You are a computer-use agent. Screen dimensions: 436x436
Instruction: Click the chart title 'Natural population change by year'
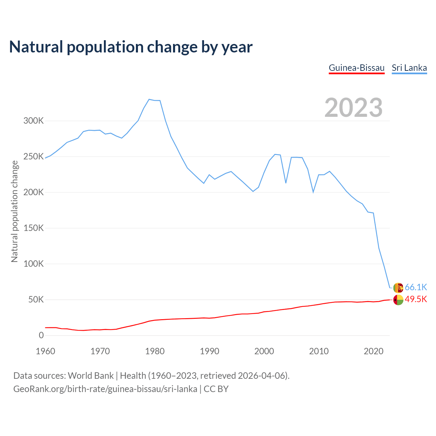pyautogui.click(x=131, y=47)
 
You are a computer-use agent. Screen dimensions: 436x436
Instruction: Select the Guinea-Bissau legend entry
pyautogui.click(x=356, y=68)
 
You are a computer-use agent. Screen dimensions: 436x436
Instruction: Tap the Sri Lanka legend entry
pyautogui.click(x=409, y=68)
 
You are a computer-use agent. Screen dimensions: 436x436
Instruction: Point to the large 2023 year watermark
pyautogui.click(x=353, y=108)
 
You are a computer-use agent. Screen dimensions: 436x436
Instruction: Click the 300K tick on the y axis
pyautogui.click(x=33, y=121)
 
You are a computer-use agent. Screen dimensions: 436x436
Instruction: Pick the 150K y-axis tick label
pyautogui.click(x=33, y=228)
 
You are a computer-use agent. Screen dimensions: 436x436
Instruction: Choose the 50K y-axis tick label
pyautogui.click(x=36, y=300)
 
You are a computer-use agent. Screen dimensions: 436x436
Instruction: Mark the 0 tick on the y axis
pyautogui.click(x=41, y=336)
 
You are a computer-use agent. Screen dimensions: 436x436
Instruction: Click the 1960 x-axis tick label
pyautogui.click(x=45, y=351)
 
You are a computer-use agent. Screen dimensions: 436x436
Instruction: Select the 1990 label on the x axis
pyautogui.click(x=209, y=351)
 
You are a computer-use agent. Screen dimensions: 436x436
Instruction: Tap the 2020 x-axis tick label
pyautogui.click(x=374, y=351)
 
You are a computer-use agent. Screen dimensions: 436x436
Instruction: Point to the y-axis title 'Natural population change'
pyautogui.click(x=14, y=212)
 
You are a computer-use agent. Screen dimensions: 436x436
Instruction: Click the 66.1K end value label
pyautogui.click(x=416, y=287)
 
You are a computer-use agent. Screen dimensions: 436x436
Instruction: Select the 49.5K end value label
pyautogui.click(x=416, y=299)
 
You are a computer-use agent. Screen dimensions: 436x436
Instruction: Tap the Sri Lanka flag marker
pyautogui.click(x=398, y=288)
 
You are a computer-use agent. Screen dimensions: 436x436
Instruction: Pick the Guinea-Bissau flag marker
pyautogui.click(x=398, y=300)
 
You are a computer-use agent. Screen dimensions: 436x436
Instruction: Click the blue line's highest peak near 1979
pyautogui.click(x=149, y=99)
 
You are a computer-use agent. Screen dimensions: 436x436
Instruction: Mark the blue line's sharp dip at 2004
pyautogui.click(x=286, y=183)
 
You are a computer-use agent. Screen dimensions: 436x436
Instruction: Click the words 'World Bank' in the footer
pyautogui.click(x=91, y=376)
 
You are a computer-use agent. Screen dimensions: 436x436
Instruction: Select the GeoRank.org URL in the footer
pyautogui.click(x=105, y=389)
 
